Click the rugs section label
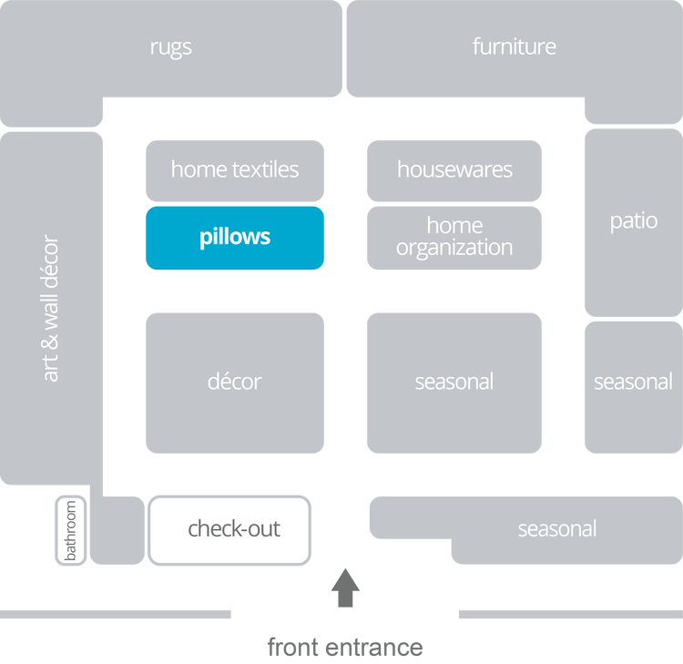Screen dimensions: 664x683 click(x=170, y=47)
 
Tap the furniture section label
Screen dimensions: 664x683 click(x=514, y=46)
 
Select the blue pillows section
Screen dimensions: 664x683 click(x=234, y=238)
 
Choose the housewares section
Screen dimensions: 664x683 click(x=454, y=169)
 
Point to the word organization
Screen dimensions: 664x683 click(x=454, y=248)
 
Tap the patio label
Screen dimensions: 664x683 click(x=633, y=221)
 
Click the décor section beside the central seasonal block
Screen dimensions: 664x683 click(x=234, y=382)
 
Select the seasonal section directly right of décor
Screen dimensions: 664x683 click(x=454, y=382)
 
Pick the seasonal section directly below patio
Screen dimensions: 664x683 click(x=633, y=382)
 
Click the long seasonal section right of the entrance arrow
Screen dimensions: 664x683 click(x=556, y=528)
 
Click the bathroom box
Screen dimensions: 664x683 click(x=70, y=529)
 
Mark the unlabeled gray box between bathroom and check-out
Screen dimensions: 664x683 click(x=117, y=529)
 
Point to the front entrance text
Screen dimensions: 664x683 click(x=344, y=648)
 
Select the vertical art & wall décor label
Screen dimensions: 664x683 click(x=50, y=309)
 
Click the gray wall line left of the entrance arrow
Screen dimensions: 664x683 click(x=116, y=615)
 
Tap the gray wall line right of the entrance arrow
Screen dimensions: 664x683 click(x=569, y=615)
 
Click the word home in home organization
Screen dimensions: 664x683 click(x=454, y=225)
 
